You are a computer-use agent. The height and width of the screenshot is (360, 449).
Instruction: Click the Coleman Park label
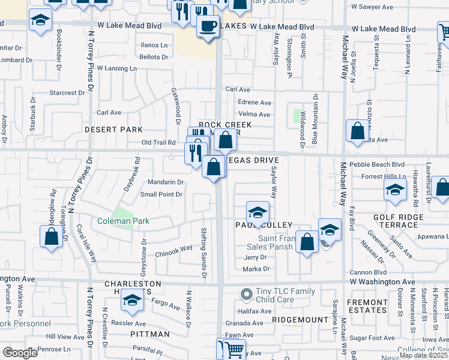click(124, 221)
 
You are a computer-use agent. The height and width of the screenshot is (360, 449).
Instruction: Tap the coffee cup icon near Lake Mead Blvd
click(208, 26)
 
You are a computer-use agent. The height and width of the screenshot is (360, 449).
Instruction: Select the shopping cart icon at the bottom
click(231, 349)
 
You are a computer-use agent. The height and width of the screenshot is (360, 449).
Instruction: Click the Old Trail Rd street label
click(158, 142)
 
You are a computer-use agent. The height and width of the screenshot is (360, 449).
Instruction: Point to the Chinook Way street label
click(174, 248)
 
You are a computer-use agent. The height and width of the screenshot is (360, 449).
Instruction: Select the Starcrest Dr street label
click(67, 93)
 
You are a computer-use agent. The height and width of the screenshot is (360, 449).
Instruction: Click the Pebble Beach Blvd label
click(381, 164)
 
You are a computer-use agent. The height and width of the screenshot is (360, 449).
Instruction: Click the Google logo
click(20, 353)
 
